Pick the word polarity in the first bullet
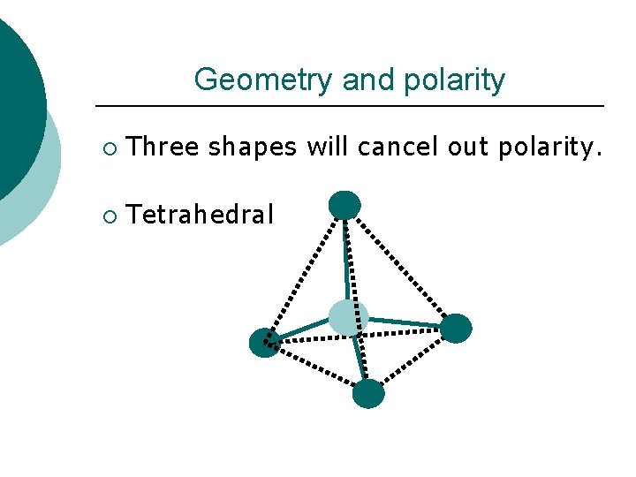coord(549,148)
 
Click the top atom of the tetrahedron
coord(344,205)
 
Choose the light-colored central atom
coord(348,317)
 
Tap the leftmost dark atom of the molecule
coord(264,343)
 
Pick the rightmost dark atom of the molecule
coord(456,328)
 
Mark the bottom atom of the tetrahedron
coord(368,393)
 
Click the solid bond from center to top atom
coord(345,261)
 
